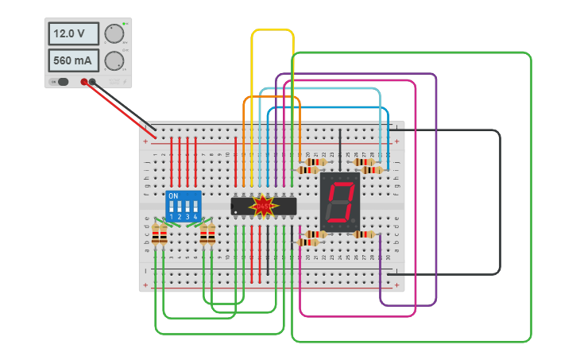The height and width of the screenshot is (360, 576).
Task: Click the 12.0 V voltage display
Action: point(73,33)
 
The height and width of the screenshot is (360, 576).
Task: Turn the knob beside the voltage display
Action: point(114,33)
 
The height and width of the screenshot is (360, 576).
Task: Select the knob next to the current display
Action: point(114,60)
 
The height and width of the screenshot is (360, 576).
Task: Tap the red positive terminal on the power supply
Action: point(83,81)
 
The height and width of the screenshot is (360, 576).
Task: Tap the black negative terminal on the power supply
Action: point(93,81)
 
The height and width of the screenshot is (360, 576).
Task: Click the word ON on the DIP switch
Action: point(173,195)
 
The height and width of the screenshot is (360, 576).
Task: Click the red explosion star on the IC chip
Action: point(263,206)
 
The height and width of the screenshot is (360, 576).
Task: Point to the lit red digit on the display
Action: point(341,202)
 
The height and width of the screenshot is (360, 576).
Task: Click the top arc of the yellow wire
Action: point(273,30)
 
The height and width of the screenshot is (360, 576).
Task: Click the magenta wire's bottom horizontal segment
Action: point(358,315)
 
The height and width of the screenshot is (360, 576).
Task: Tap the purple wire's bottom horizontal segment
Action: point(408,305)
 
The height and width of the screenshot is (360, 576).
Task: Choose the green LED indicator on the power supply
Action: point(125,24)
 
